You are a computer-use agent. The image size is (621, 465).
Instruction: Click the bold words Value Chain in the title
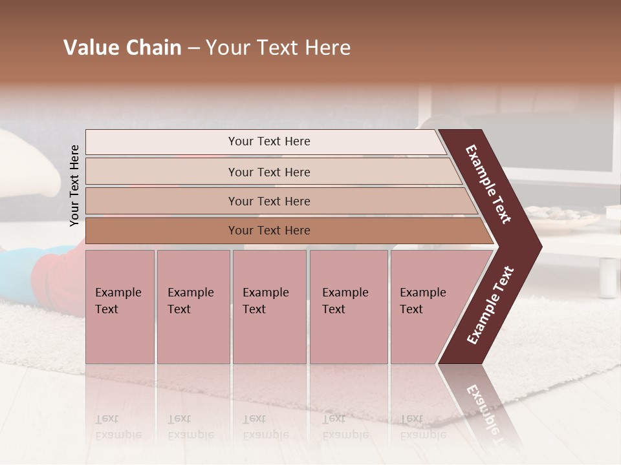[x=122, y=48]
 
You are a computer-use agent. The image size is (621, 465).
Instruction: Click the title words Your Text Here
[x=278, y=48]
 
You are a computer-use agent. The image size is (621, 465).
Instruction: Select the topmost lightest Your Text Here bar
[x=268, y=141]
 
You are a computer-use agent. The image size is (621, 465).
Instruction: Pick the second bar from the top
[x=268, y=172]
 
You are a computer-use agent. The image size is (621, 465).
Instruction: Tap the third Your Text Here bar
[x=268, y=201]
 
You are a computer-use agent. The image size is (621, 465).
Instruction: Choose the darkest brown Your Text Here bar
[x=268, y=231]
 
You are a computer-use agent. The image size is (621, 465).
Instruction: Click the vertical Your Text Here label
[x=74, y=185]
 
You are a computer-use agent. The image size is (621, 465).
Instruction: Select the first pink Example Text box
[x=120, y=307]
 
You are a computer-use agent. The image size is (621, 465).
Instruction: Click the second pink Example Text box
[x=193, y=307]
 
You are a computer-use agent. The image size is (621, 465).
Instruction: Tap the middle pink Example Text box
[x=269, y=307]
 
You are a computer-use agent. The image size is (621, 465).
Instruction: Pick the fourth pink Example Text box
[x=348, y=307]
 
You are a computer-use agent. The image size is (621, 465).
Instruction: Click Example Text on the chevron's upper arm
[x=488, y=184]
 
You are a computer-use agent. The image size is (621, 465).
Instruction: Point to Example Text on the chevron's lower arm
[x=490, y=305]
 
